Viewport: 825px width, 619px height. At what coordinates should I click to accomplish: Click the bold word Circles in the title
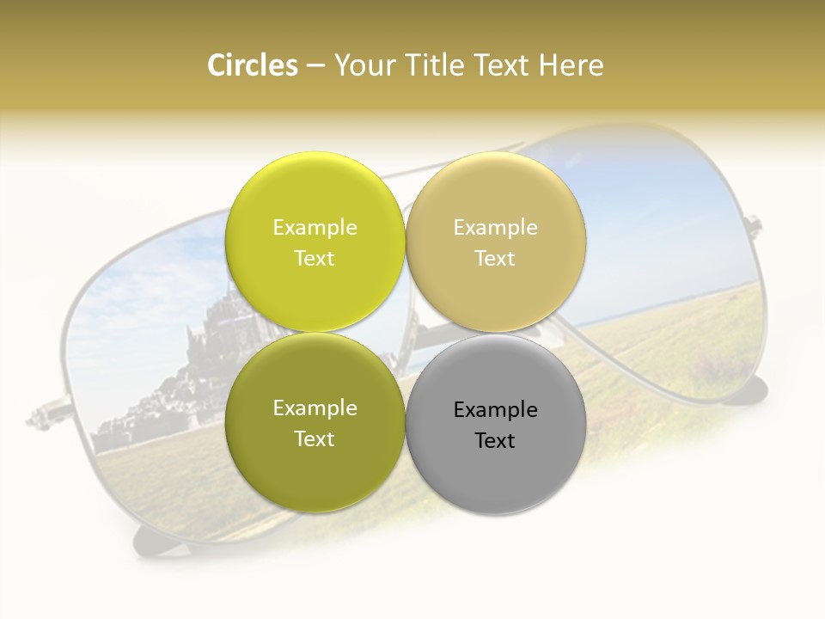(252, 65)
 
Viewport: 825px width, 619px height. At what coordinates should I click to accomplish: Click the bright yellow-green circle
(315, 242)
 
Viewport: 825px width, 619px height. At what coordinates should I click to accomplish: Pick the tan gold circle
(496, 242)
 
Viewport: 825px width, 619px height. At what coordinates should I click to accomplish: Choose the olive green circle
(315, 422)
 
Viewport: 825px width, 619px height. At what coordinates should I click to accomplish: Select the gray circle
(496, 424)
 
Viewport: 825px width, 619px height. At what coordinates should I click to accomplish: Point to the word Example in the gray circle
(496, 410)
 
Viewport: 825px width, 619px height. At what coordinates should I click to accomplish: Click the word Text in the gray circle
(495, 440)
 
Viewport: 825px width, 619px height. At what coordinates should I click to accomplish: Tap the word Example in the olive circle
(315, 408)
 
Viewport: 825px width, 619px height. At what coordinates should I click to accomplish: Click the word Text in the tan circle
(495, 258)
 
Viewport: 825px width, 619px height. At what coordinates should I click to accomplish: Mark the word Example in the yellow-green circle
(315, 228)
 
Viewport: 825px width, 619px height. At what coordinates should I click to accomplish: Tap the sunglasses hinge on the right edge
(755, 225)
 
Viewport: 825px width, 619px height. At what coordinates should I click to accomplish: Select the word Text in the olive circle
(315, 438)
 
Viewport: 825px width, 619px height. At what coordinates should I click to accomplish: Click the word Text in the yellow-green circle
(315, 258)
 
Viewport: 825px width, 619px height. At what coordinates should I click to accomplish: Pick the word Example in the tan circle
(496, 228)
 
